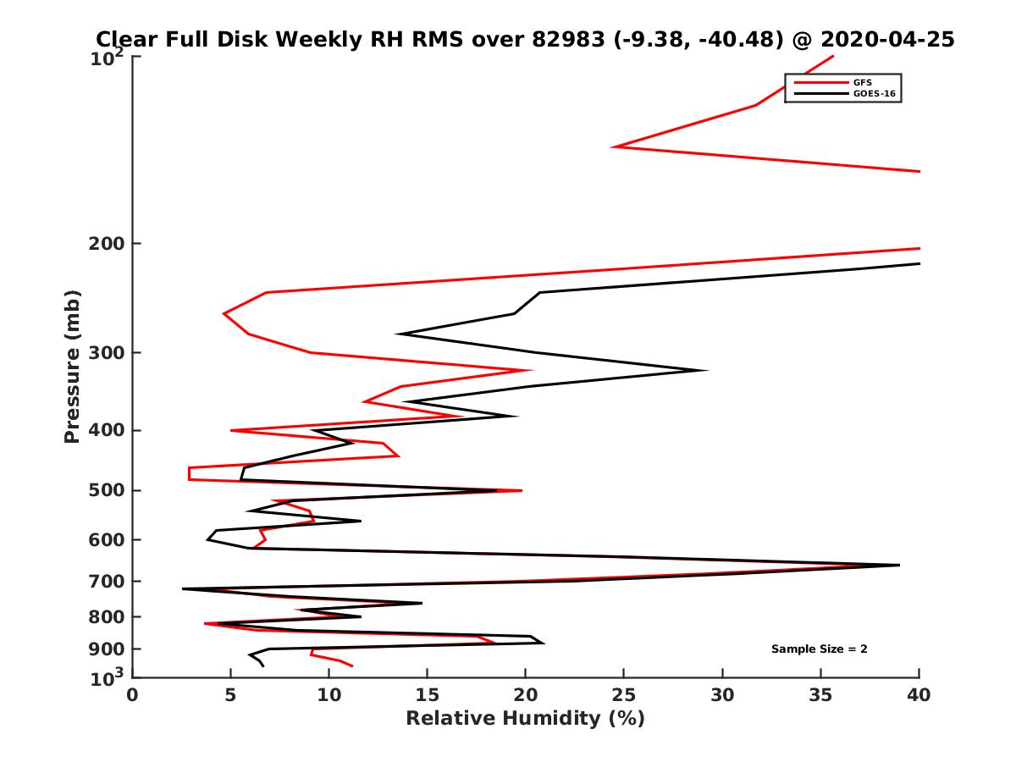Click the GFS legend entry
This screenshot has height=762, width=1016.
point(862,82)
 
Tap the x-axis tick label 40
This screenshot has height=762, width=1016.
point(919,694)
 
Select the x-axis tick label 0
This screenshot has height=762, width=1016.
point(133,694)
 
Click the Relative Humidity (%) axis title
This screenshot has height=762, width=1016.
point(525,719)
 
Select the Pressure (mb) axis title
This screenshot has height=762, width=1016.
point(72,366)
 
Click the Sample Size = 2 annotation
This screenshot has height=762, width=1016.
point(819,649)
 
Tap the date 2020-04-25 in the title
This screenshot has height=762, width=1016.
point(889,39)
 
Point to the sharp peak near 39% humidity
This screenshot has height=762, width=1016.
point(898,565)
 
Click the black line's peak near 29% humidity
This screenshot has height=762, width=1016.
point(706,370)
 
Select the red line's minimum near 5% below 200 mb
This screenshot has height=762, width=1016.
point(224,314)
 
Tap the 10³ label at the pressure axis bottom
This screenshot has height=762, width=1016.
point(108,678)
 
